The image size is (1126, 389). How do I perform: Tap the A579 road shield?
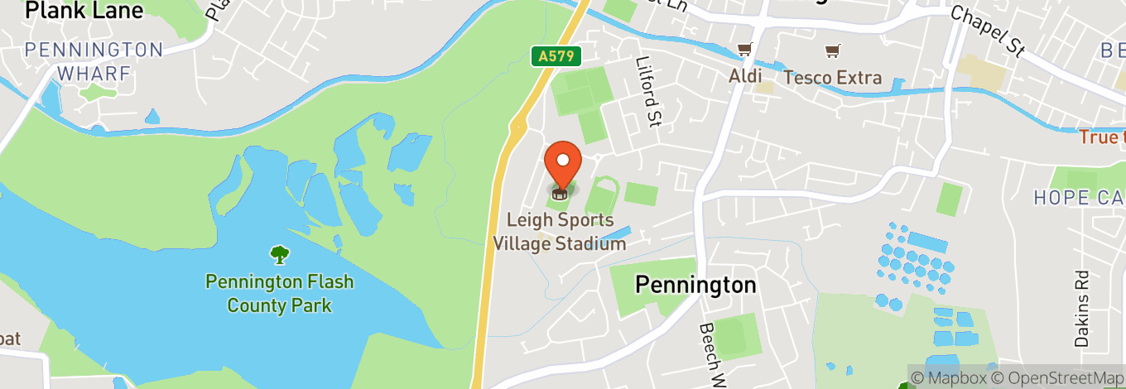(556, 56)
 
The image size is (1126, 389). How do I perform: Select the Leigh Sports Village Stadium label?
(561, 231)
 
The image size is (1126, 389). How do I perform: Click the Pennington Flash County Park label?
(279, 294)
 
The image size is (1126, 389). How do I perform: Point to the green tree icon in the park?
(280, 254)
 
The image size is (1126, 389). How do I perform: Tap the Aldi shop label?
(745, 77)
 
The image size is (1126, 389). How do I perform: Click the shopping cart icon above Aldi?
(744, 50)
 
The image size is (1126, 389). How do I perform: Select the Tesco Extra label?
(832, 78)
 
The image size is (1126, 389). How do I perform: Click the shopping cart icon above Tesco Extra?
(831, 50)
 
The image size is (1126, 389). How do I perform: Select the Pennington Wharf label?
(94, 61)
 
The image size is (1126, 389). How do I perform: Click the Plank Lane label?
(84, 11)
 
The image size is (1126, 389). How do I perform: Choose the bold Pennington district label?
(695, 285)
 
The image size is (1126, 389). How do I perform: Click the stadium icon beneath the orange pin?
(561, 194)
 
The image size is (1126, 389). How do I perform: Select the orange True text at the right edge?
(1101, 137)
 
